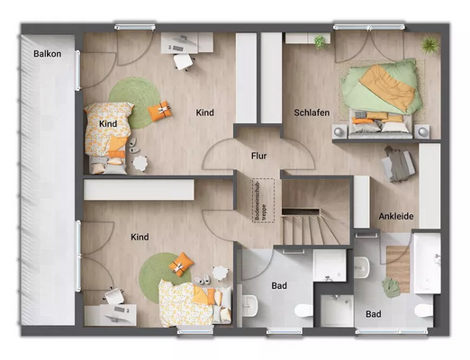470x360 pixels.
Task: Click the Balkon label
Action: [x=47, y=54]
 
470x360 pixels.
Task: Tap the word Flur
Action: [x=259, y=156]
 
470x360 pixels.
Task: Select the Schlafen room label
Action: [x=311, y=112]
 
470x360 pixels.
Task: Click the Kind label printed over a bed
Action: [x=109, y=123]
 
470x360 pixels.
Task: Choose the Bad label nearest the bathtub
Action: [x=373, y=314]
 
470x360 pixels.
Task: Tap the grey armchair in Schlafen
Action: [x=399, y=164]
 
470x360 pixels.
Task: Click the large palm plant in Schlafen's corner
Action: [x=430, y=45]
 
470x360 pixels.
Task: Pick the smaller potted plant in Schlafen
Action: [x=320, y=41]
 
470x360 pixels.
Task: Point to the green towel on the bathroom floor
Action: [x=391, y=288]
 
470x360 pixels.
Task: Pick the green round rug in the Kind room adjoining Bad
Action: [x=165, y=267]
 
